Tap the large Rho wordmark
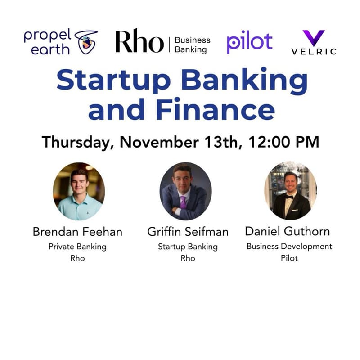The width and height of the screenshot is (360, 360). point(139,41)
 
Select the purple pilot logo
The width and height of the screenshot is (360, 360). point(250,42)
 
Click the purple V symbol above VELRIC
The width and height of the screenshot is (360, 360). point(314,38)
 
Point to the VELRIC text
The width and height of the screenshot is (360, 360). point(314,51)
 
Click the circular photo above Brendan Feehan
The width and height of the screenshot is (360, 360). point(79,191)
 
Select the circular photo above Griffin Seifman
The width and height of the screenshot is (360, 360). point(185,191)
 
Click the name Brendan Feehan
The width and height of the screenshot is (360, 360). point(78,232)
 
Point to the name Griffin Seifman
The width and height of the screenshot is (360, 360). point(188,232)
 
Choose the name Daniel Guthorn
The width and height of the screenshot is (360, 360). point(287,232)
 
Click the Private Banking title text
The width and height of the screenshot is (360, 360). point(78,247)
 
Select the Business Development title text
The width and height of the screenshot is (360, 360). point(289,247)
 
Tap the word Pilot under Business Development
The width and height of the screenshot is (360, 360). point(289,258)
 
